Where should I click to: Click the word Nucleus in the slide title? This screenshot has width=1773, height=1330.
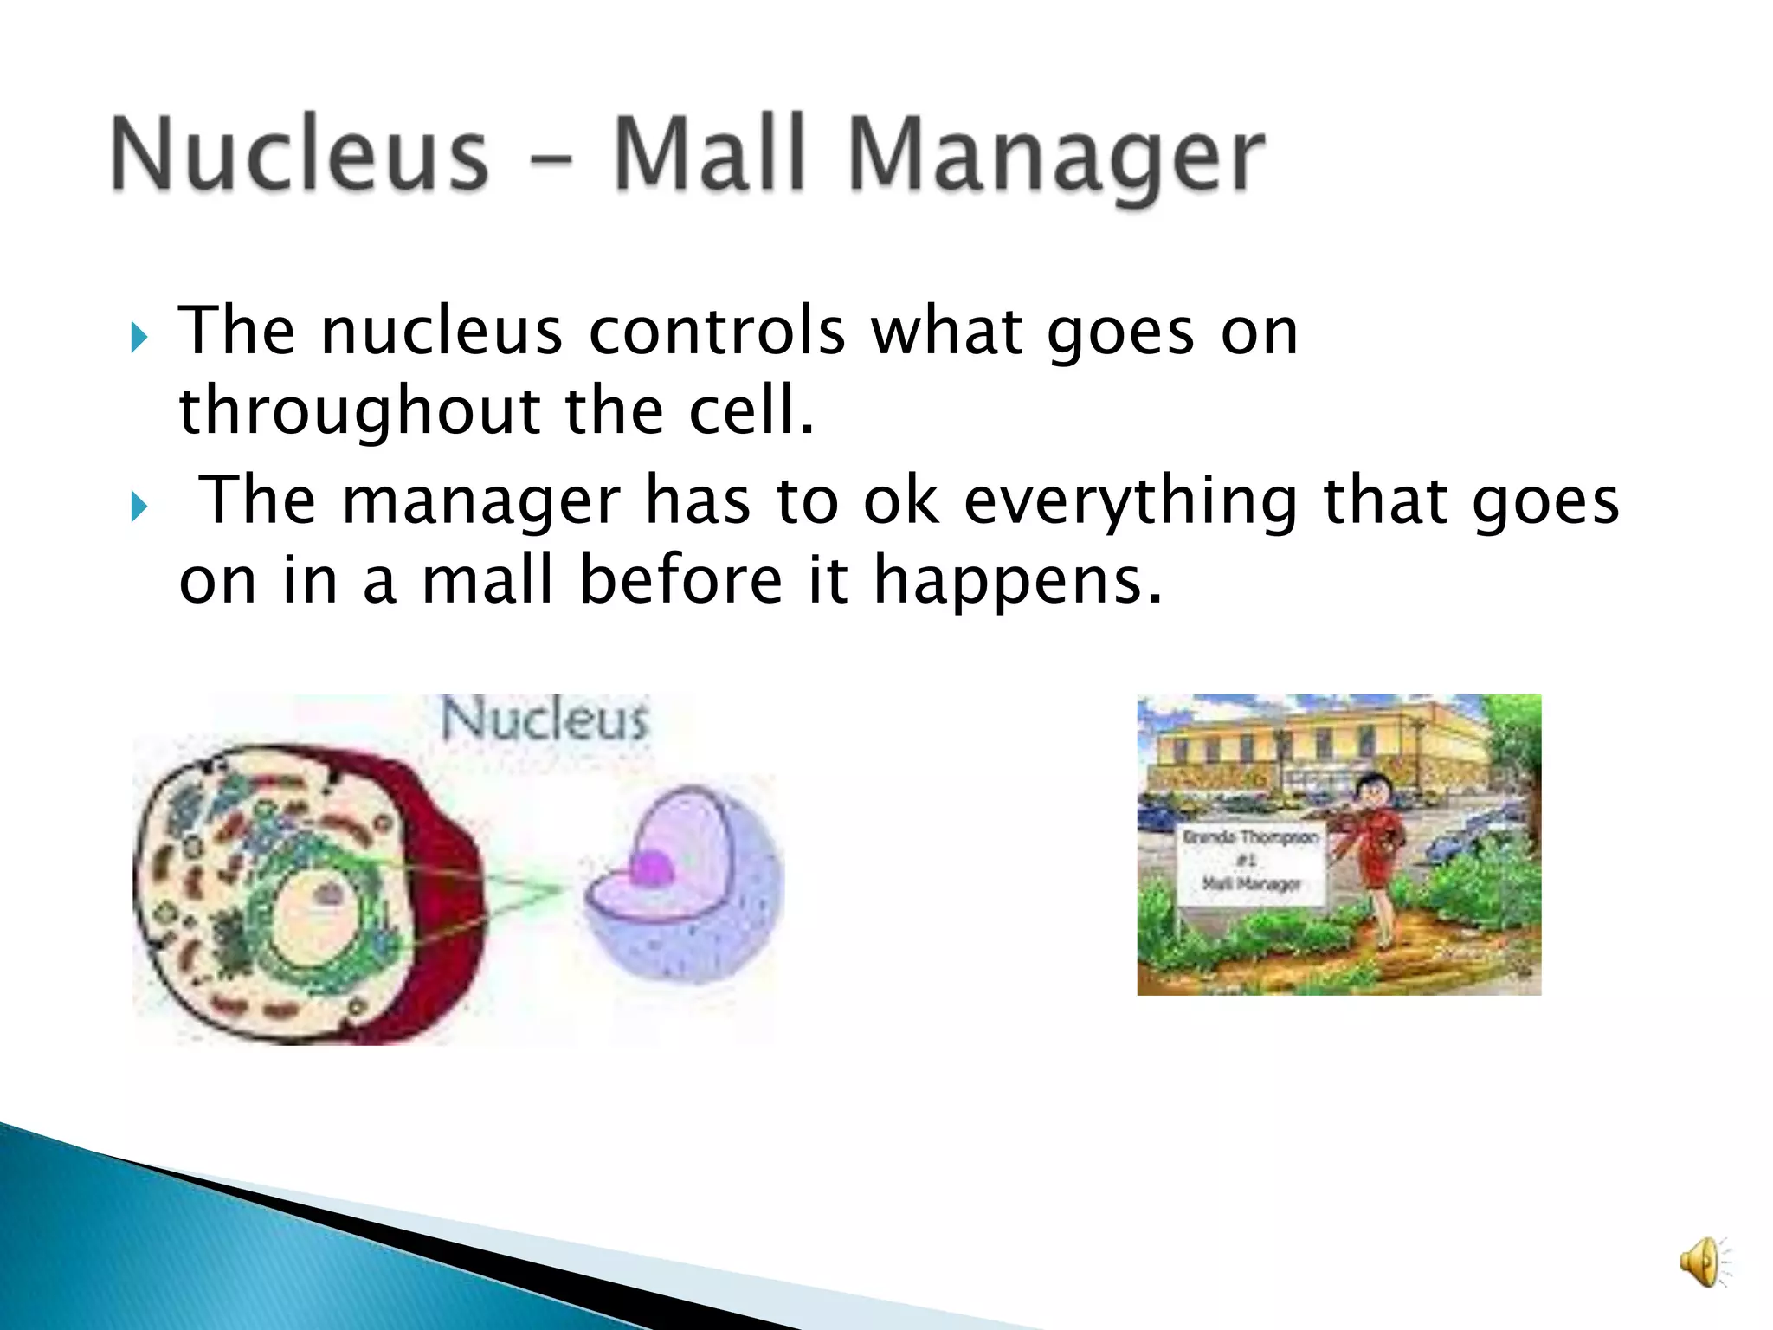[300, 154]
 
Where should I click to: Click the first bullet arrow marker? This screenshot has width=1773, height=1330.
[139, 336]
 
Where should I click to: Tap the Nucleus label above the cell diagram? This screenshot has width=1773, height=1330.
[545, 720]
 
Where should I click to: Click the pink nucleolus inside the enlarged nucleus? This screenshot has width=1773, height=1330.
[651, 867]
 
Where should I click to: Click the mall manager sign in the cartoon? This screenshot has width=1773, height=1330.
[1252, 862]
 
